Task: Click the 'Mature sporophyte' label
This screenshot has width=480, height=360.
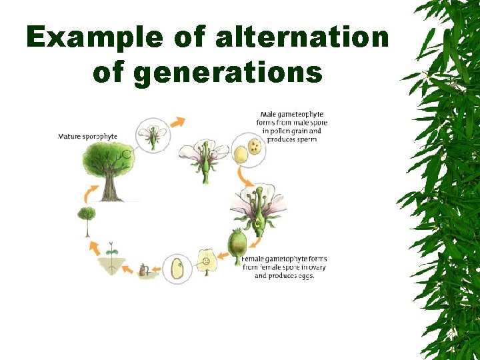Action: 87,137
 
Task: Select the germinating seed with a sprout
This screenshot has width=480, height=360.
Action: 144,271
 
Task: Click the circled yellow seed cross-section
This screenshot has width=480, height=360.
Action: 177,268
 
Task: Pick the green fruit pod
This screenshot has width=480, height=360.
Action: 237,243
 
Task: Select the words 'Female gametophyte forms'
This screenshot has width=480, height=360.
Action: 279,259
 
